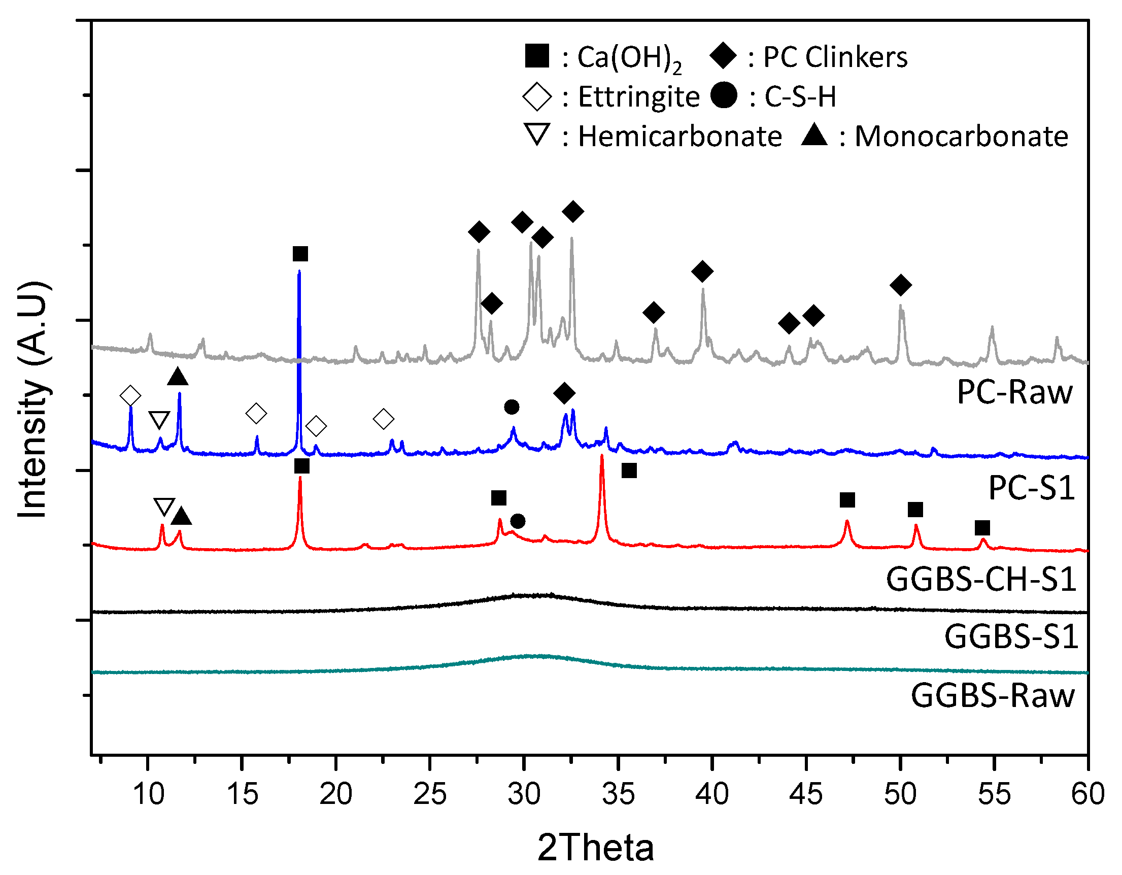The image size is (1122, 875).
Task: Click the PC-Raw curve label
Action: [x=1014, y=393]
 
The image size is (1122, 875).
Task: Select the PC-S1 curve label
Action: [x=1032, y=488]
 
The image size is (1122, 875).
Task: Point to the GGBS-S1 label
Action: [x=1011, y=637]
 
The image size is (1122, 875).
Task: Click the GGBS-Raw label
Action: [x=993, y=696]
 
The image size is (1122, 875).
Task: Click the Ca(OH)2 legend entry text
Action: [x=629, y=57]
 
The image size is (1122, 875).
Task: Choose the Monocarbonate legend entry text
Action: [x=961, y=137]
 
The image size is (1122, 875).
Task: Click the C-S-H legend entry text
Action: [x=800, y=97]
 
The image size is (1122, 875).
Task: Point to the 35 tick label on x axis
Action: [x=618, y=794]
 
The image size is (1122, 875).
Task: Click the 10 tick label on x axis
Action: [x=148, y=794]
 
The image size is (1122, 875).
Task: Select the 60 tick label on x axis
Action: [x=1087, y=794]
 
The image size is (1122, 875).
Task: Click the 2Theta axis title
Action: [x=596, y=848]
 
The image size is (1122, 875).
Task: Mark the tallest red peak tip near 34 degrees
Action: [x=601, y=456]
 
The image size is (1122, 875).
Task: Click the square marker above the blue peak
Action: [x=300, y=254]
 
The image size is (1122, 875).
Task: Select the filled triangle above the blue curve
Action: [x=178, y=377]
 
